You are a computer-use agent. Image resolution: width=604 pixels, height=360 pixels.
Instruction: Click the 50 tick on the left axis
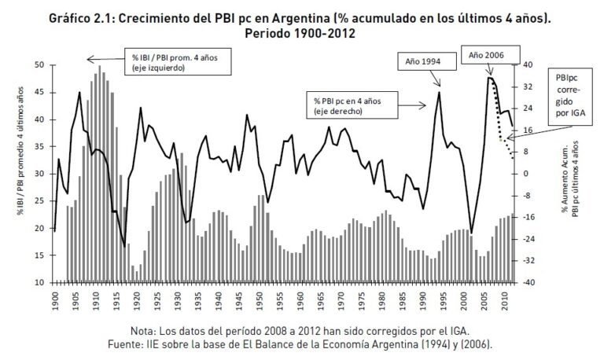coord(39,65)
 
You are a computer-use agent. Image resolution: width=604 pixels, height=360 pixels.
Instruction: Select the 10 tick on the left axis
coord(39,282)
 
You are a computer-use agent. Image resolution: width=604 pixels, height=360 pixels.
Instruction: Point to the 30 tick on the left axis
coord(39,174)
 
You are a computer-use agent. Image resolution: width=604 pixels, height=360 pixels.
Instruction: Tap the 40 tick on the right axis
coord(528,65)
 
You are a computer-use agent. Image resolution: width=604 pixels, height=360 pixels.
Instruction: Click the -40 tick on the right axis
coord(528,282)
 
